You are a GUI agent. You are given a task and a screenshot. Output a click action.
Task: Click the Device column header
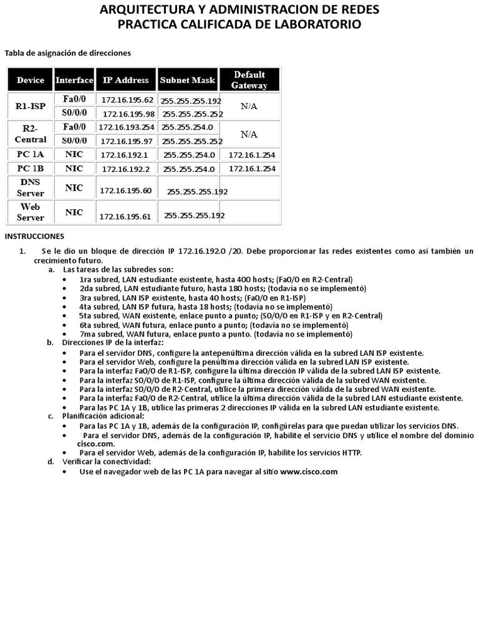coord(31,80)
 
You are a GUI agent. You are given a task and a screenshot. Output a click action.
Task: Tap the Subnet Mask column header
coord(187,80)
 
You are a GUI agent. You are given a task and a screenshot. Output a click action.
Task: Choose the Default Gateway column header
coord(249,80)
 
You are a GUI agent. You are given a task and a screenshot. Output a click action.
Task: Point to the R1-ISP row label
coord(31,107)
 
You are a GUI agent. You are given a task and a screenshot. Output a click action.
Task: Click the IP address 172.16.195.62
coord(127,100)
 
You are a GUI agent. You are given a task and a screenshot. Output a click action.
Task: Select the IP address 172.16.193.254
coord(127,127)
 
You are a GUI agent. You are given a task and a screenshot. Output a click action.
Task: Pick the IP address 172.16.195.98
coord(128,114)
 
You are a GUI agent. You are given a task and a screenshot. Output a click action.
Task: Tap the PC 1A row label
coord(31,155)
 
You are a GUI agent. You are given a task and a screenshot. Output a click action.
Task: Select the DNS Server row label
coord(31,188)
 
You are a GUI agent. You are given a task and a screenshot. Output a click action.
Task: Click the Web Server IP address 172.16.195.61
coord(125,217)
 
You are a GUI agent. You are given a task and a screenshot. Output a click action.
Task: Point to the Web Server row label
coord(31,212)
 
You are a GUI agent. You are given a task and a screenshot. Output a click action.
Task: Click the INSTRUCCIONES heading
coord(34,237)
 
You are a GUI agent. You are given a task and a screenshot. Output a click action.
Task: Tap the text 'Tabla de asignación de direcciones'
coord(68,54)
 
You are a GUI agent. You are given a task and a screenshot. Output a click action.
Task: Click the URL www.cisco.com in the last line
coord(309,472)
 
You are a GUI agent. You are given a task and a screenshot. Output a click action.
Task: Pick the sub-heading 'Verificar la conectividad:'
coord(107,462)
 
